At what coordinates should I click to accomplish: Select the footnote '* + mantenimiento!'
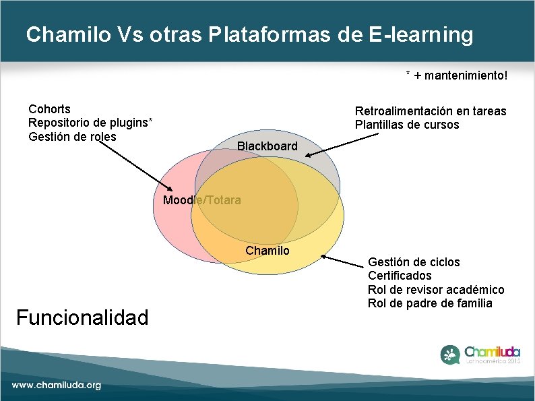click(455, 76)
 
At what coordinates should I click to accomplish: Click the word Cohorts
click(49, 109)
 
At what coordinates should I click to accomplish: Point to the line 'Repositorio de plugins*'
click(90, 123)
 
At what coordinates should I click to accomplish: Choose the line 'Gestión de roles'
click(72, 137)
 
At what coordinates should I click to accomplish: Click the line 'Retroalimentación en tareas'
click(430, 111)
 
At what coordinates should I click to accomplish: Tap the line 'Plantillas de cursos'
click(407, 125)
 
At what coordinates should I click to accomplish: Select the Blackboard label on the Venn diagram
click(267, 146)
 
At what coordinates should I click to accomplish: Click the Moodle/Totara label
click(201, 200)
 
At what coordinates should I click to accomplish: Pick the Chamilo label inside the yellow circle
click(267, 251)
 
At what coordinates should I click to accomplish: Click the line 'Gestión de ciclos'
click(414, 261)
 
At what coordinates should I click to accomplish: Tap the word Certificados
click(400, 276)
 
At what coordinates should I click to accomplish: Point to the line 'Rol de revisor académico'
click(435, 290)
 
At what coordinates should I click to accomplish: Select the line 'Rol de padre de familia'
click(430, 303)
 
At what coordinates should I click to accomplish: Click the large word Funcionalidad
click(82, 317)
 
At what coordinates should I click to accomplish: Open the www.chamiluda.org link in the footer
click(56, 385)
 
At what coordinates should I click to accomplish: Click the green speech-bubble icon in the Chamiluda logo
click(451, 354)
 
